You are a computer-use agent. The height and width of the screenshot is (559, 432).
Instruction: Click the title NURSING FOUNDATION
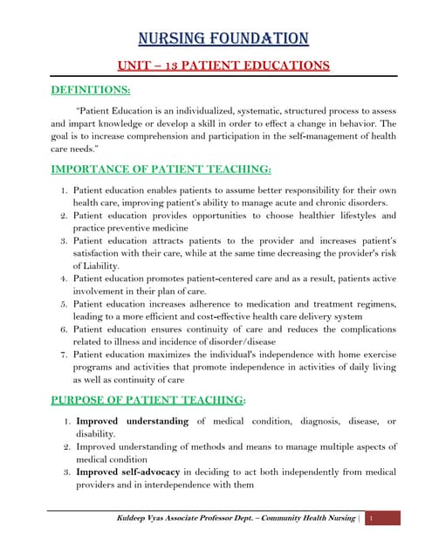pyautogui.click(x=224, y=38)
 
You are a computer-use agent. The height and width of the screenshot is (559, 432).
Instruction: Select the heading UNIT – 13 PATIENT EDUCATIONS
pyautogui.click(x=223, y=66)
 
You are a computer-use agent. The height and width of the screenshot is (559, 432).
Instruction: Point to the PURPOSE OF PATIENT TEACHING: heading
pyautogui.click(x=147, y=399)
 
